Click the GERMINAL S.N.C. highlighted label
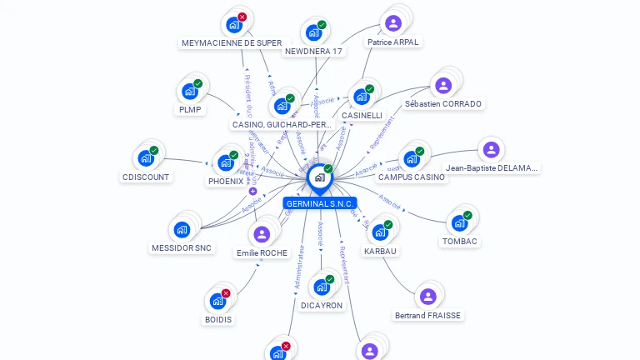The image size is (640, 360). tap(320, 203)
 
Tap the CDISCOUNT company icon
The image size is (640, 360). tap(146, 158)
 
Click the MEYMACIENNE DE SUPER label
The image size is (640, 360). tap(232, 42)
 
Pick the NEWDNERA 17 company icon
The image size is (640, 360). tap(313, 32)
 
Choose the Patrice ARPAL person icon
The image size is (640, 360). tap(393, 23)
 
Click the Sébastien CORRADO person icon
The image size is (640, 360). tap(443, 85)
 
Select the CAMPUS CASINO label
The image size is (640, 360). tap(412, 177)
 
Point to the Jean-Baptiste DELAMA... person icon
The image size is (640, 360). tap(491, 150)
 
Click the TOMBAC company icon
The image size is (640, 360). tap(459, 222)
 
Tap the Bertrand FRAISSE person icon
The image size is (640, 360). tap(427, 297)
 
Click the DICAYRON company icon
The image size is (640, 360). tap(322, 287)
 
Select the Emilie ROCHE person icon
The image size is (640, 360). tap(262, 234)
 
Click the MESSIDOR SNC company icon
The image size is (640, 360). tap(182, 229)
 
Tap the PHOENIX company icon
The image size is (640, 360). tap(225, 162)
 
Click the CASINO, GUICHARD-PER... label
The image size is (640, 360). tap(282, 125)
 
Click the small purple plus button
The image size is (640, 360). tap(252, 191)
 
